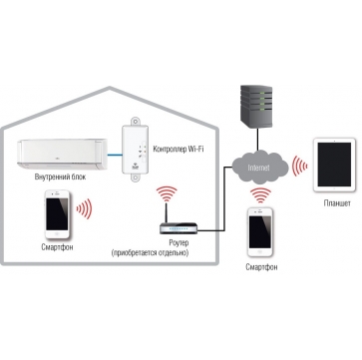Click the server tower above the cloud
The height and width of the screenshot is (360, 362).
(256, 107)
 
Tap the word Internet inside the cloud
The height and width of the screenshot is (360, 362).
(258, 168)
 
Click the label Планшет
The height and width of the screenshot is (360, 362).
(337, 203)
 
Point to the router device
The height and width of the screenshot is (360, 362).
(179, 228)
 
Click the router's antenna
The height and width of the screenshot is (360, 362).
(166, 213)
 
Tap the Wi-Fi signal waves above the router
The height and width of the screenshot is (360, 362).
(167, 193)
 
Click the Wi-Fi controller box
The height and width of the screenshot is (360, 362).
(136, 150)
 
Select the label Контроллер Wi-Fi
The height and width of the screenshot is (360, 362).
(179, 149)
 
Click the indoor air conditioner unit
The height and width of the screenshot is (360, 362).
(63, 155)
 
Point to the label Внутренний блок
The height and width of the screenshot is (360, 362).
(60, 177)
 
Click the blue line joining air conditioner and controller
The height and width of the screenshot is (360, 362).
(115, 155)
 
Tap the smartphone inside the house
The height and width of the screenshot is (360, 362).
(57, 214)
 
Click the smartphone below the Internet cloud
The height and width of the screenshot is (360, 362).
(260, 231)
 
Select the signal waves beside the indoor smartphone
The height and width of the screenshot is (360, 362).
(84, 209)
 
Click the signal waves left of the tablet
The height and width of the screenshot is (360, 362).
(299, 166)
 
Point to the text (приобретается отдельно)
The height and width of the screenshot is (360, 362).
(151, 253)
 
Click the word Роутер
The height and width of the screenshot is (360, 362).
(179, 242)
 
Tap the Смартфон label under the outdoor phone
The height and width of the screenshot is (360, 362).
(261, 267)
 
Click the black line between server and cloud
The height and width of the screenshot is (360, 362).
(257, 141)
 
